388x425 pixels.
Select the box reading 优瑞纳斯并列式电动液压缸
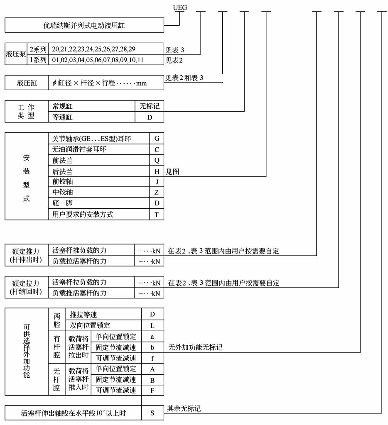(84, 26)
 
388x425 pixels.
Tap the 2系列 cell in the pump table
(38, 49)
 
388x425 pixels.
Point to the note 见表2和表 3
(184, 78)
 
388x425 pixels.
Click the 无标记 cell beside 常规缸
(150, 106)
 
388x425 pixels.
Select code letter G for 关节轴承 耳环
(157, 139)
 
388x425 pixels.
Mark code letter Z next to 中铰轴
(157, 193)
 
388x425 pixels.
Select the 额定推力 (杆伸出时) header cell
(27, 256)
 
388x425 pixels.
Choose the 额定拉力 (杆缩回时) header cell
(27, 288)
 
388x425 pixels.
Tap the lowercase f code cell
(152, 358)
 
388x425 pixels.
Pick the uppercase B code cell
(152, 379)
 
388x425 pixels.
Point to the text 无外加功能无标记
(195, 347)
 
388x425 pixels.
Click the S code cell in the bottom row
(152, 413)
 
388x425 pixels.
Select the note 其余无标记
(184, 408)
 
